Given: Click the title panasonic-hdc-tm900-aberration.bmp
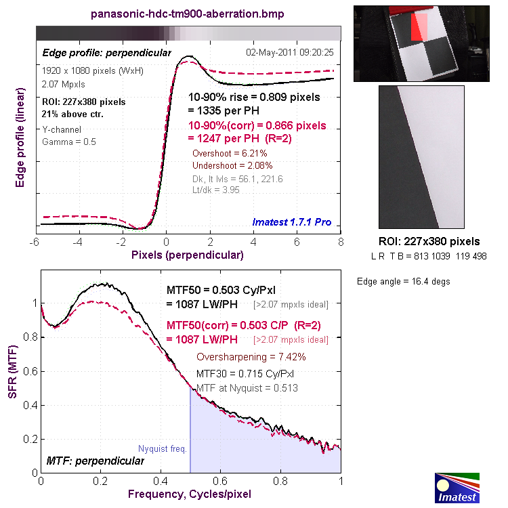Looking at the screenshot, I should (188, 14).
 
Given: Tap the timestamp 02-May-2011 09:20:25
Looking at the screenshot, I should (293, 51).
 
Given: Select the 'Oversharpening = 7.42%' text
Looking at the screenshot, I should (251, 357).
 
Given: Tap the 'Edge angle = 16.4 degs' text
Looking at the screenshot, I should (403, 281).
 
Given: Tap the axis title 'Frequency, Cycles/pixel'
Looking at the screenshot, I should (189, 494).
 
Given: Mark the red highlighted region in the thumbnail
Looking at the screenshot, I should (420, 27).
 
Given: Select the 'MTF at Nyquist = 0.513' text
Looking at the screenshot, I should (247, 388).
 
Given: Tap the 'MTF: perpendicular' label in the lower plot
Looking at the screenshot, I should (95, 461).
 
